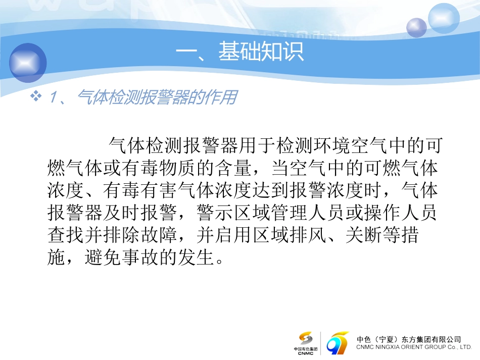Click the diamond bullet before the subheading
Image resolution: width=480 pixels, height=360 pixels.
pos(36,96)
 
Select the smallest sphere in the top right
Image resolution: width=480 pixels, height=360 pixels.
pos(417,27)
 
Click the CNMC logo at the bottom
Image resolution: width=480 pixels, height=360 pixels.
pos(306,342)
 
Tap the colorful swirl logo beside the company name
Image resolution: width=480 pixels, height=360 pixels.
pos(338,343)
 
